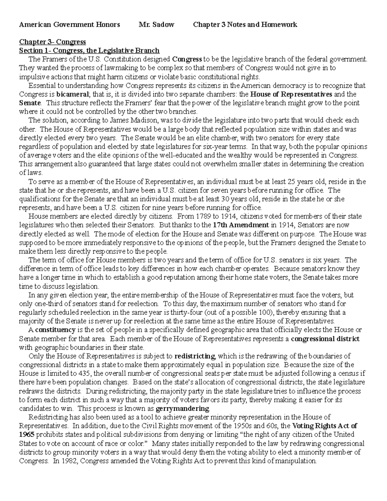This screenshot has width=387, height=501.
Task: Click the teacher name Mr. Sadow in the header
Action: coord(156,25)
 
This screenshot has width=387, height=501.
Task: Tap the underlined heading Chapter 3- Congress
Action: coord(52,42)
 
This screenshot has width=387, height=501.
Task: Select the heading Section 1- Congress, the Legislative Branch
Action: coord(89,51)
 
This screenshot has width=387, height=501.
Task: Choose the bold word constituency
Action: coord(55,330)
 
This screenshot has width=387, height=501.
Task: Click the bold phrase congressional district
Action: coord(325,339)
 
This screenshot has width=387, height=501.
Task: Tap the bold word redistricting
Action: coord(194,356)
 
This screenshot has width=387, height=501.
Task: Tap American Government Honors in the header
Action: coord(70,25)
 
